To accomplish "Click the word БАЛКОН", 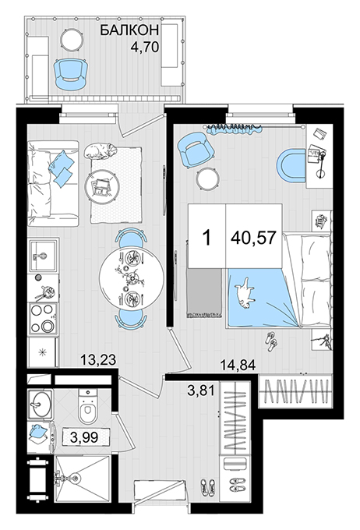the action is click(129, 30).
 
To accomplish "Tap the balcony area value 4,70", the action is click(145, 47).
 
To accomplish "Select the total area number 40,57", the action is click(254, 238).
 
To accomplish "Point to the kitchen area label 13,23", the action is click(98, 359).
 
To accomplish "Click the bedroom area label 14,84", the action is click(238, 365).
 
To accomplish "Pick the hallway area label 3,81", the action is click(201, 390).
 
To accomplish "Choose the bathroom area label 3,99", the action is click(84, 437).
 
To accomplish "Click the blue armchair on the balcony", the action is click(71, 75).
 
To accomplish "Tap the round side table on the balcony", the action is click(72, 39).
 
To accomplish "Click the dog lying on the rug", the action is click(101, 150).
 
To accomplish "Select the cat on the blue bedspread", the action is click(245, 293).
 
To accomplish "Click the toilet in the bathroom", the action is click(88, 406).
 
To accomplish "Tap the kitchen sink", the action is click(44, 255).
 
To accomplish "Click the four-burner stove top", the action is click(44, 318).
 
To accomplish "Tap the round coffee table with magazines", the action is click(102, 185).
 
